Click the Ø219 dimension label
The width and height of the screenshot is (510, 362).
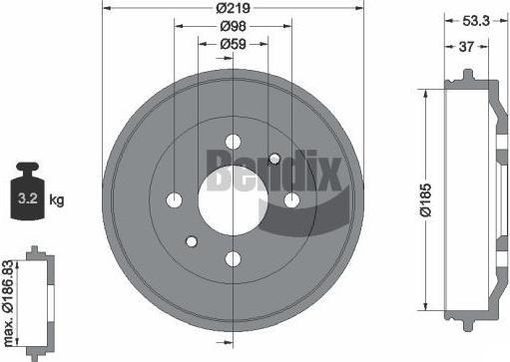pos(233,8)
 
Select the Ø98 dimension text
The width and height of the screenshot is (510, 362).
pos(233,26)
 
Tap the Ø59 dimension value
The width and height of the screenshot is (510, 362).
pos(233,44)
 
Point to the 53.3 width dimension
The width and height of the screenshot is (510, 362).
pos(476,21)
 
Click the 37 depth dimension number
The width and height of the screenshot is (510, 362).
pos(466,47)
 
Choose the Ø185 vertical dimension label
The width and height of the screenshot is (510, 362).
pos(426,199)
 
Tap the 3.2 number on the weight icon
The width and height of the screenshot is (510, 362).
pos(28,198)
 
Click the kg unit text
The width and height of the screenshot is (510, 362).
pos(57,200)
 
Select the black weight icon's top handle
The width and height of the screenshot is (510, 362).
pos(28,168)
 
